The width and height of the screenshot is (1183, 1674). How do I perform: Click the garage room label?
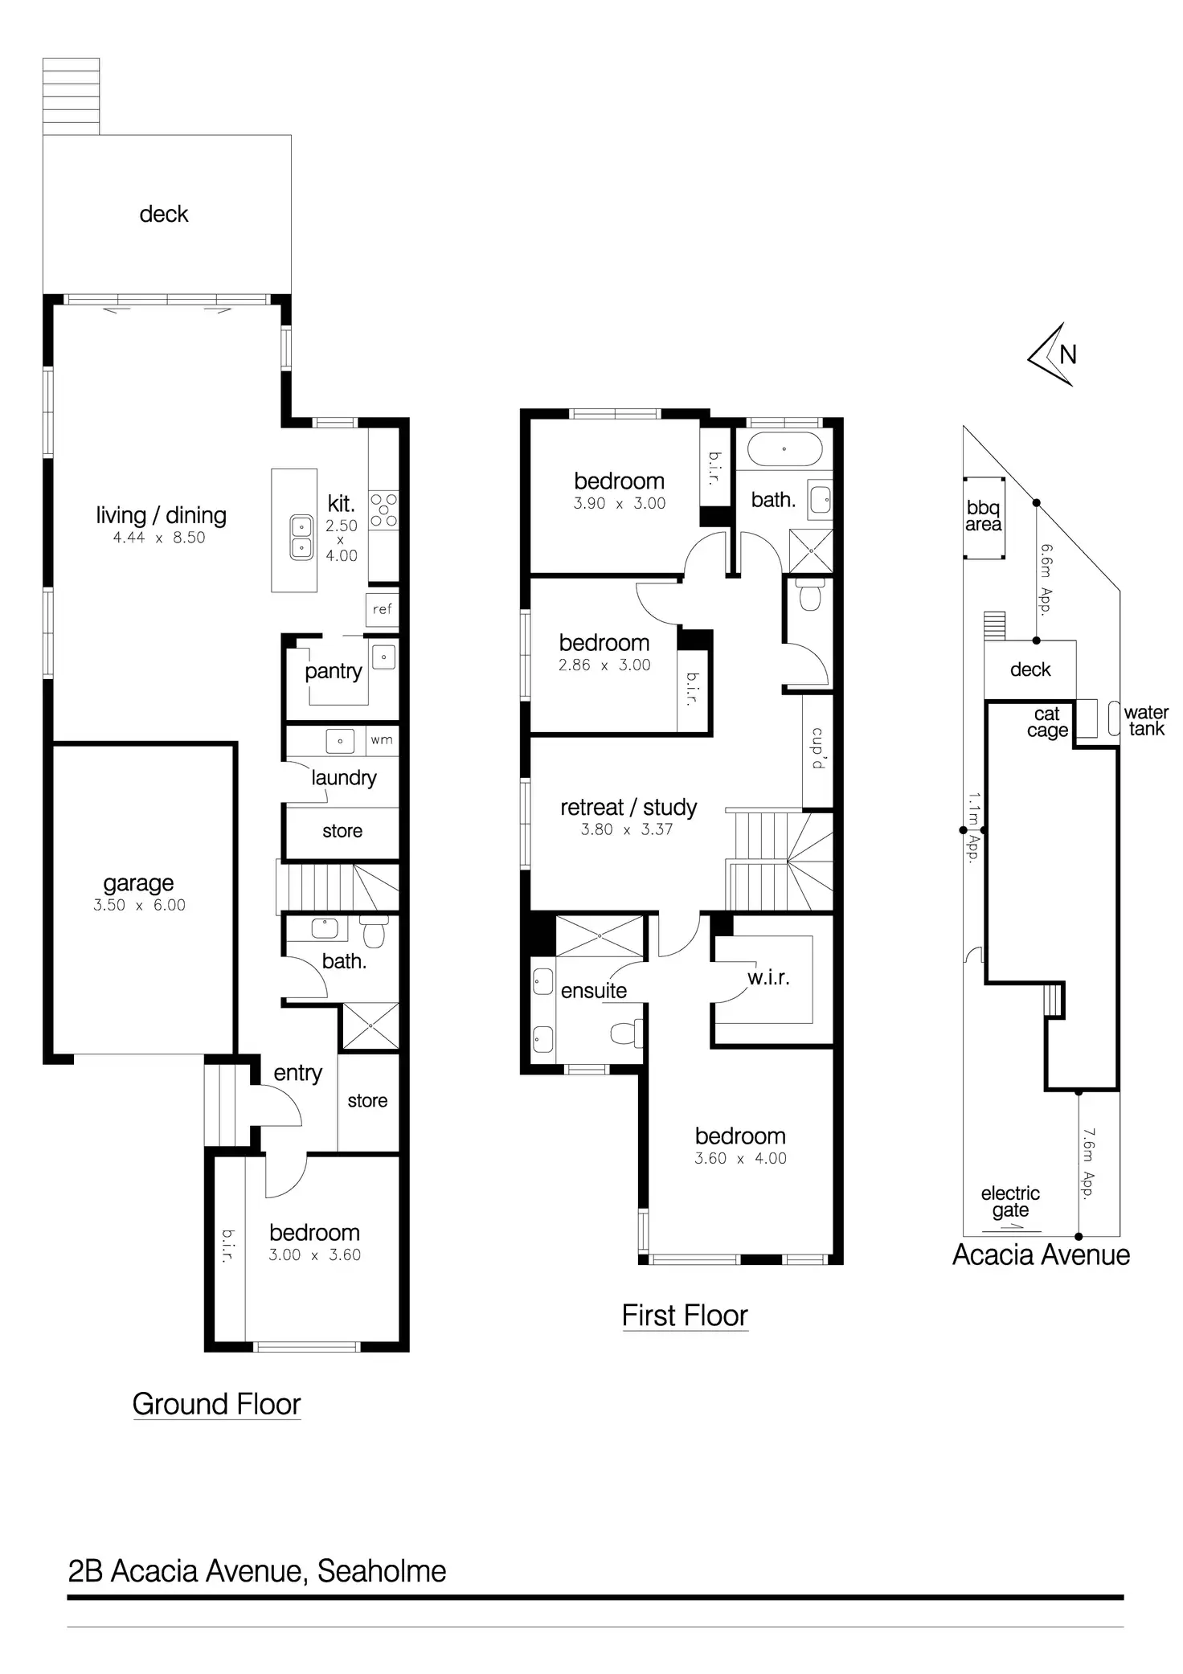pos(138,883)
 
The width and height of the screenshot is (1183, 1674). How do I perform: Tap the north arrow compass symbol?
pos(1054,354)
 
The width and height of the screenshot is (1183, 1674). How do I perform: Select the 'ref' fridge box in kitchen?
pos(382,608)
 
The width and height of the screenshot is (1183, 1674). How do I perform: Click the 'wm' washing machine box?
pos(382,739)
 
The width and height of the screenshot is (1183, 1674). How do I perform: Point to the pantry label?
pos(333,671)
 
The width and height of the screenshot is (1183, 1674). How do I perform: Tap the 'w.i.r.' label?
pos(768,977)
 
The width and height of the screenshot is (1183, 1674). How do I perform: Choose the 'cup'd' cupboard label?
pos(817,748)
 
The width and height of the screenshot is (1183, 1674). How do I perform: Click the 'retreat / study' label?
pos(628,807)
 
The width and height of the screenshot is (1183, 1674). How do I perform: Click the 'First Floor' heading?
pos(685,1315)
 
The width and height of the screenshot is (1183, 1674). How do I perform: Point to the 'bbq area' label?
pos(984,516)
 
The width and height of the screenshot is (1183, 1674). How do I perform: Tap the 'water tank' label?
pos(1146,720)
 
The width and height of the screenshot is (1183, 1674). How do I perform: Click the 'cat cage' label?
pos(1047,722)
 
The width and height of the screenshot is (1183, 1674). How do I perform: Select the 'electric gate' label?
pos(1010,1201)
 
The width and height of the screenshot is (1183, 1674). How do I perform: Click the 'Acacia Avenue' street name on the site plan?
pos(1041,1254)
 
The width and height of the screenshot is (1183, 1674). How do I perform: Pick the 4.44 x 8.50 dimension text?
pos(159,538)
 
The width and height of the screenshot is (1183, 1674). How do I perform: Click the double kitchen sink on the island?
pos(301,537)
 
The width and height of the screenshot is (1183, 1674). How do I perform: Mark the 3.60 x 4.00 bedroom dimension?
pos(740,1158)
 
